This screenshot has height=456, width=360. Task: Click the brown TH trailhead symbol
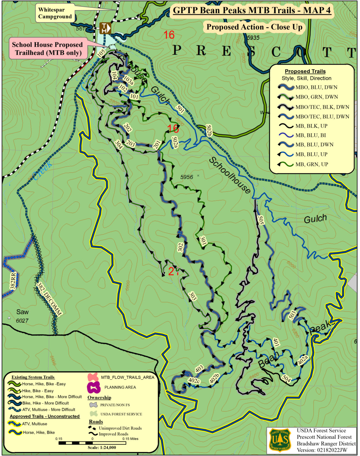[105, 28]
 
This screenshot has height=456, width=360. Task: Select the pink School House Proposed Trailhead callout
[48, 49]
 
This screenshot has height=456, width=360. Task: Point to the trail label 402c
[194, 381]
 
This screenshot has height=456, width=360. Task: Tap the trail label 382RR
[13, 281]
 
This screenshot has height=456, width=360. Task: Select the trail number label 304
[119, 145]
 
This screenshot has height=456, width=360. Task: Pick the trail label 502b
[209, 130]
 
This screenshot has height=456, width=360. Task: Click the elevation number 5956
[187, 177]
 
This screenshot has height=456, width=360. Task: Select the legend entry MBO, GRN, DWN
[316, 97]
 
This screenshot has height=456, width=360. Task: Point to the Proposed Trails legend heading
[305, 71]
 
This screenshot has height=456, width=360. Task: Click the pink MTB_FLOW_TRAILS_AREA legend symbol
[93, 377]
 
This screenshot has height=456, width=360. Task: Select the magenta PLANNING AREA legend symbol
[94, 387]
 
